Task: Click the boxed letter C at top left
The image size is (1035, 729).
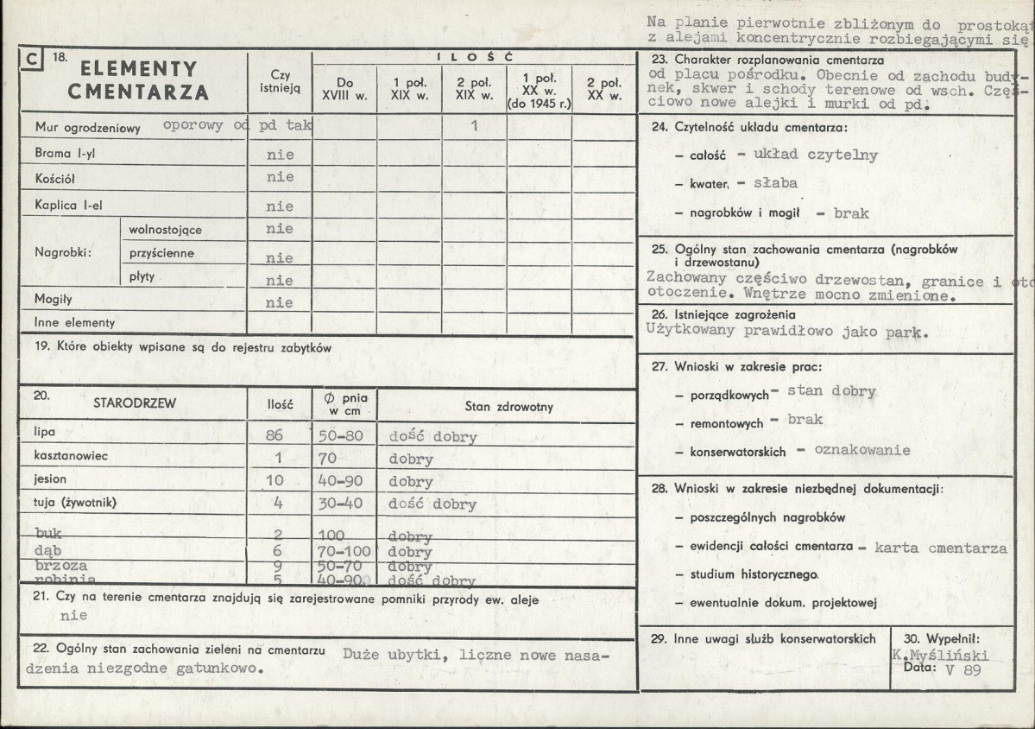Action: (31, 59)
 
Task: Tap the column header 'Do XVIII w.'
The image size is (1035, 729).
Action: (344, 90)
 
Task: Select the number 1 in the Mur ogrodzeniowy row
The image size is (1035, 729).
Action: (474, 125)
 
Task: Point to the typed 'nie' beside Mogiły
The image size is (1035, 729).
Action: (280, 303)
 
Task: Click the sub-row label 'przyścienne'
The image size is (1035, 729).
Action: (161, 254)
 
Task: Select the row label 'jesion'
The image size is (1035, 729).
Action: (50, 479)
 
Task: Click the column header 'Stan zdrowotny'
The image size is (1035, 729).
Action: (508, 407)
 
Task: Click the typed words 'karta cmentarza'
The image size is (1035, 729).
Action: (940, 548)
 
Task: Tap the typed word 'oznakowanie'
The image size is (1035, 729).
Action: (862, 450)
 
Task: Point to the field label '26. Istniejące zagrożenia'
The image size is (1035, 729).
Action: (723, 314)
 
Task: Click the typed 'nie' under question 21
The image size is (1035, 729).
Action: (74, 616)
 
